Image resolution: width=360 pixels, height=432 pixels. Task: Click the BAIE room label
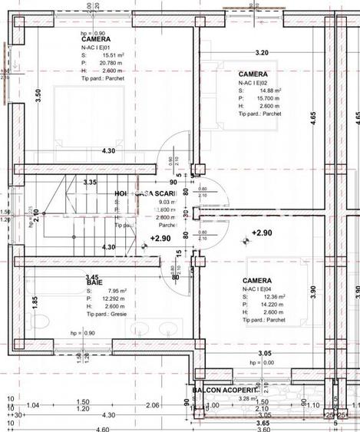tap(94, 283)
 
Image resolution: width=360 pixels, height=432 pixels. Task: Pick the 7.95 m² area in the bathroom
tap(112, 292)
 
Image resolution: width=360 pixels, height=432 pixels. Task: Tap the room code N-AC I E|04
tap(262, 289)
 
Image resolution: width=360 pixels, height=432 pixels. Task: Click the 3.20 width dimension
tap(262, 53)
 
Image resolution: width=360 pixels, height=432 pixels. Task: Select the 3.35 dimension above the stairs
tap(90, 183)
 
